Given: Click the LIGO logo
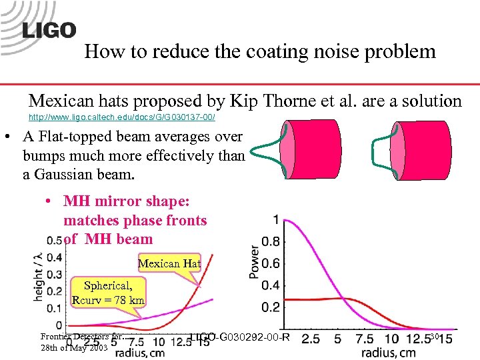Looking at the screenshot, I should (x=49, y=30).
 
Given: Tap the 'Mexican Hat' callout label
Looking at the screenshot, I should (x=169, y=263).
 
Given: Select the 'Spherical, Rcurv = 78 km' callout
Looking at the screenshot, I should (x=109, y=293).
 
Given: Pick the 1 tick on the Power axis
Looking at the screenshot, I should (x=277, y=219).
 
